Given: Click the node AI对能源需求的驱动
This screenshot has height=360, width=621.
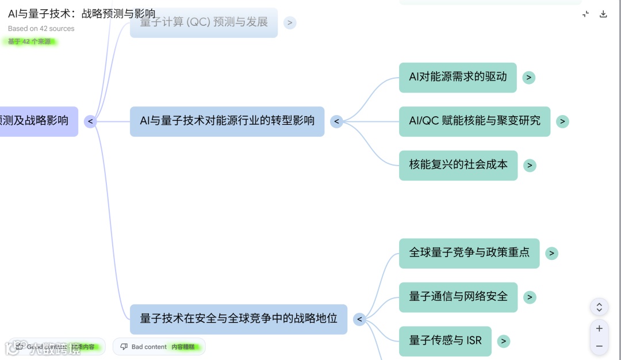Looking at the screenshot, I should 458,77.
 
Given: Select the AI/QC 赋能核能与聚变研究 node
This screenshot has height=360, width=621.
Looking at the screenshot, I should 474,121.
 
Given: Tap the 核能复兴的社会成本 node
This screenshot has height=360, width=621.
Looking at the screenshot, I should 458,165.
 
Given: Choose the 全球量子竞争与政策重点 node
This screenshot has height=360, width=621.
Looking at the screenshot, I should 469,253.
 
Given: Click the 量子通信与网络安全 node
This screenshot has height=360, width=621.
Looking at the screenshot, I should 458,297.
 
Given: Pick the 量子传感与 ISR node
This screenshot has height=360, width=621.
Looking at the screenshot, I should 445,341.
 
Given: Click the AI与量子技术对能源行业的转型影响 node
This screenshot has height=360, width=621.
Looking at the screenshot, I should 227,121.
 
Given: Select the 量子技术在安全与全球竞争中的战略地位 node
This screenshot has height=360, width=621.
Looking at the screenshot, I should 239,319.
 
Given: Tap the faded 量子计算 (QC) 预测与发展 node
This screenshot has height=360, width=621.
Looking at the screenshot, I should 204,22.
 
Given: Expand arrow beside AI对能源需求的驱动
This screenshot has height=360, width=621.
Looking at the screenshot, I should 529,78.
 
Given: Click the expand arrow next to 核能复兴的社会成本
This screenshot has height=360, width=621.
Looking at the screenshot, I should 530,166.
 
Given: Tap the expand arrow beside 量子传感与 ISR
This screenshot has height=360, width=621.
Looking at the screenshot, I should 504,342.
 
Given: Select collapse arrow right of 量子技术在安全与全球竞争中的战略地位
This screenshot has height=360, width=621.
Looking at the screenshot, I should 360,320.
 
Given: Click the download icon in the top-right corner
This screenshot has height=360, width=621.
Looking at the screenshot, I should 603,14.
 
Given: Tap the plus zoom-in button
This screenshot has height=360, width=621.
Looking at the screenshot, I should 599,328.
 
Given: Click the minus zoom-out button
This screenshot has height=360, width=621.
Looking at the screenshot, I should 599,346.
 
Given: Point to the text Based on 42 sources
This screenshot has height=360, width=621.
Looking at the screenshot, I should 41,29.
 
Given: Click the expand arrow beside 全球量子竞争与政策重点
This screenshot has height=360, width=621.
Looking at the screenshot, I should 551,254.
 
